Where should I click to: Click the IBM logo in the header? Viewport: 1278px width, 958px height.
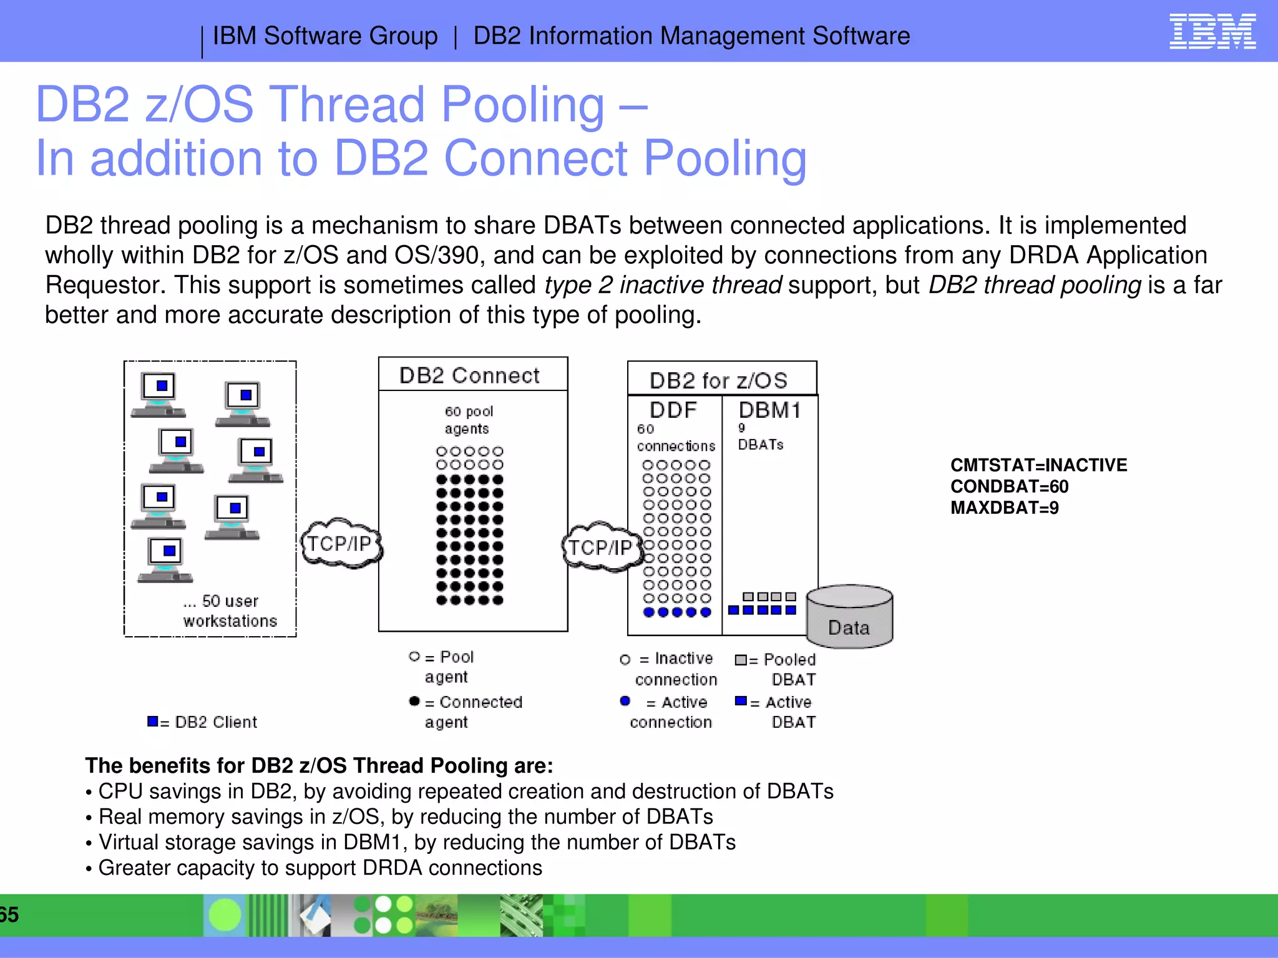pos(1212,32)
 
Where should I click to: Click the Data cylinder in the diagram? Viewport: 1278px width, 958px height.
pos(849,617)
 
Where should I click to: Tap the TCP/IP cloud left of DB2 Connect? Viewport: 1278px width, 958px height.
pos(341,543)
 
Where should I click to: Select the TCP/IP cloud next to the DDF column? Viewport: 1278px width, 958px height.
pos(601,547)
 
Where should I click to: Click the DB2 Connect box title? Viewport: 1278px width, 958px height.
pos(469,375)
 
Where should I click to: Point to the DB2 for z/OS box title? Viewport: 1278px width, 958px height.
pos(718,380)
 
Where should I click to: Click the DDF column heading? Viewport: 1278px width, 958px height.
pos(673,410)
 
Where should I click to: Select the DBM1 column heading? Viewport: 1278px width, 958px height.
pos(769,410)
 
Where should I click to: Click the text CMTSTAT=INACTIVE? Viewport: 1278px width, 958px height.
pos(1038,465)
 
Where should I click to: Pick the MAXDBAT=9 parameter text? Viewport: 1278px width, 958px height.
pos(1005,508)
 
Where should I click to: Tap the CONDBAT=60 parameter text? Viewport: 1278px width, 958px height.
pos(1009,486)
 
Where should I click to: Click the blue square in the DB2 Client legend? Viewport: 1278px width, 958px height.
pos(152,722)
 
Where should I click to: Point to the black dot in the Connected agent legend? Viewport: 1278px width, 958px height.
pos(414,701)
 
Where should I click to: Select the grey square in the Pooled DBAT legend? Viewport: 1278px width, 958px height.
pos(741,660)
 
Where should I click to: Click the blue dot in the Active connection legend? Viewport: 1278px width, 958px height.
pos(625,701)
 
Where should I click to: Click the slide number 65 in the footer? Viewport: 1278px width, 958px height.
pos(9,915)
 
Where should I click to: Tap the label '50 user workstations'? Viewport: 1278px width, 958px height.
pos(230,611)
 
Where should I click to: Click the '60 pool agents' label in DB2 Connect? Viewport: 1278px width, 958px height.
pos(468,420)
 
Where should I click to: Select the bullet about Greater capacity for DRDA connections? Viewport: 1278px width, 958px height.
pos(319,868)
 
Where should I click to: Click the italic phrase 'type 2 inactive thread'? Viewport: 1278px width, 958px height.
pos(663,285)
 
